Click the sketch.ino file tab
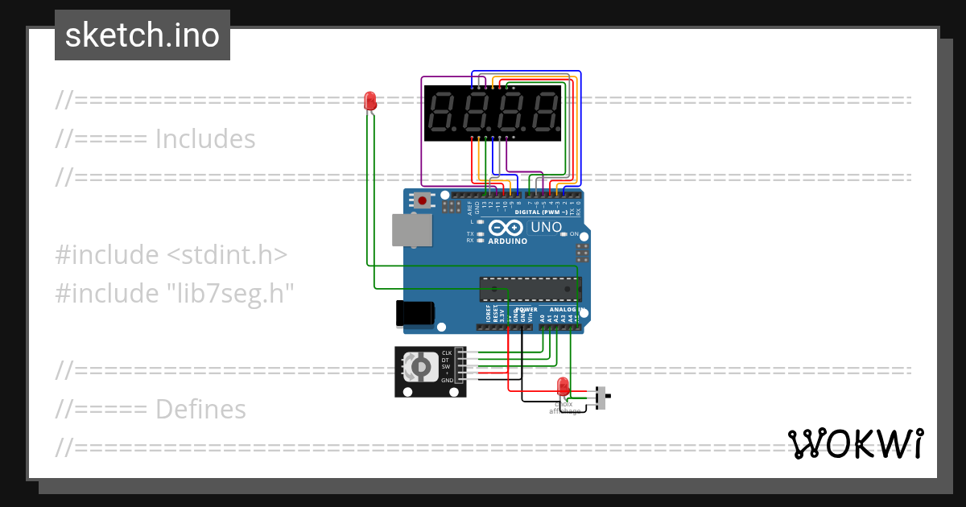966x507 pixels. (142, 35)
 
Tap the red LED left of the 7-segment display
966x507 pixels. (370, 101)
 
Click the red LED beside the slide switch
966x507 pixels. (563, 385)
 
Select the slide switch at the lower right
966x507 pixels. (601, 397)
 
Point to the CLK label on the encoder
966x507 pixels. (446, 353)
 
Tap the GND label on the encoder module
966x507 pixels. (447, 380)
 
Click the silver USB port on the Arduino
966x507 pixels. (411, 229)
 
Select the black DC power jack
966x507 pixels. (415, 313)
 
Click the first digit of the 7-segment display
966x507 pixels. (440, 112)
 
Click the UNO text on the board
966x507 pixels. (546, 228)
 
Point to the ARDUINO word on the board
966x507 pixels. (507, 241)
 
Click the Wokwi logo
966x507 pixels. (855, 443)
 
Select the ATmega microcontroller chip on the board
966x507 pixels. (529, 288)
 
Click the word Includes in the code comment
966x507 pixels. (204, 139)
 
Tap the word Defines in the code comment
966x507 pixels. (200, 410)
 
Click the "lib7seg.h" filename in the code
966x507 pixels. (228, 293)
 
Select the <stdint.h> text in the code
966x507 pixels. (227, 255)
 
